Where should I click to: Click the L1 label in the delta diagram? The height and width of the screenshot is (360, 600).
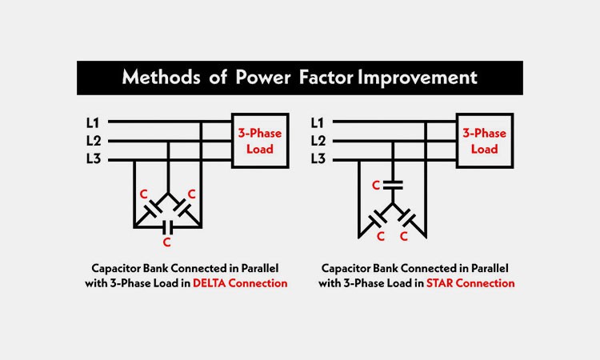coord(94,122)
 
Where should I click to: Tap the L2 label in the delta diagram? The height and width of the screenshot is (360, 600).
coord(94,141)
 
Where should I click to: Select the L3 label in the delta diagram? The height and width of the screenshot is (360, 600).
coord(94,160)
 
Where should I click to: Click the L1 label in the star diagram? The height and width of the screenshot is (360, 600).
coord(318,122)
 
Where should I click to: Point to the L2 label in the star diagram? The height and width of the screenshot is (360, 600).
coord(318,141)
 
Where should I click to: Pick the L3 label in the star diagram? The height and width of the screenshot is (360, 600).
coord(318,160)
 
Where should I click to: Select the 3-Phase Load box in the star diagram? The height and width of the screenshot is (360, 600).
coord(484,140)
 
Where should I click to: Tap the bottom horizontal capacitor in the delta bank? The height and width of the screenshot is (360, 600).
coord(166,226)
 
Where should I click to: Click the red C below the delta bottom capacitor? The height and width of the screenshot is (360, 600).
coord(166,241)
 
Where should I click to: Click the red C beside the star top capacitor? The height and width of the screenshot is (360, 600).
coord(375,186)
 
